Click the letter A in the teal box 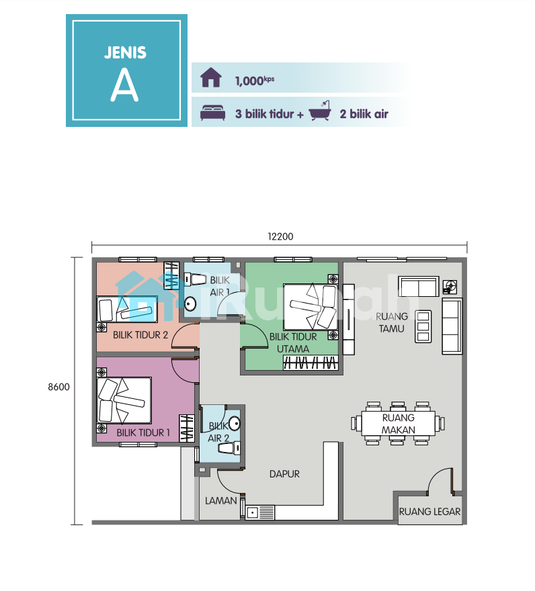(x=124, y=86)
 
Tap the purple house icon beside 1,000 (x=211, y=78)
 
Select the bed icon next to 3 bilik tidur (x=213, y=113)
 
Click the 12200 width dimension (x=280, y=236)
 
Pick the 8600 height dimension (x=58, y=387)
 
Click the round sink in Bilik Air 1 (x=190, y=304)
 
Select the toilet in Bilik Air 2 (x=229, y=448)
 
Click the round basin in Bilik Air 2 (x=235, y=423)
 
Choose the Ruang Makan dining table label (x=398, y=424)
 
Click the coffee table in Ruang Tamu (x=423, y=326)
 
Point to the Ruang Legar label (x=429, y=512)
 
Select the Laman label (x=220, y=500)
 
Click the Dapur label (x=284, y=473)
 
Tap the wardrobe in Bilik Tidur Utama (x=311, y=363)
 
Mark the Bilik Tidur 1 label (x=143, y=433)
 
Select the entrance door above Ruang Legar (x=440, y=481)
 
